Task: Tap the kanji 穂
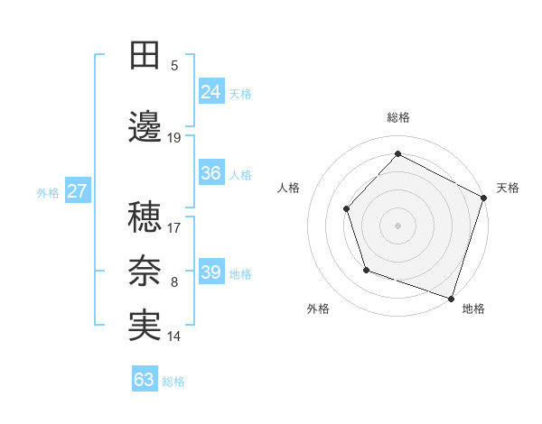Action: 145,217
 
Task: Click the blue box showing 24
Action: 211,91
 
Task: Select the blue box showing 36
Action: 211,173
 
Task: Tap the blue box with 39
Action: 211,272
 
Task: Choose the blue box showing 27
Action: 77,191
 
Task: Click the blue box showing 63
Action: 145,379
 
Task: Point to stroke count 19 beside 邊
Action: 174,137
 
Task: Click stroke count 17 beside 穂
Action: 174,227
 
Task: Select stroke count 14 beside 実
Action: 174,336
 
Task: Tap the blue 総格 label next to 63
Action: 173,382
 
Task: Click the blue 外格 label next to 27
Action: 48,193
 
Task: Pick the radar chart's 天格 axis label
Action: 508,188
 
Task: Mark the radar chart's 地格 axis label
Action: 473,309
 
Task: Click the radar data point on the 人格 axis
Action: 347,209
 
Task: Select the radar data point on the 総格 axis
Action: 397,153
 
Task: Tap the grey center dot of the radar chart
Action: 397,225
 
